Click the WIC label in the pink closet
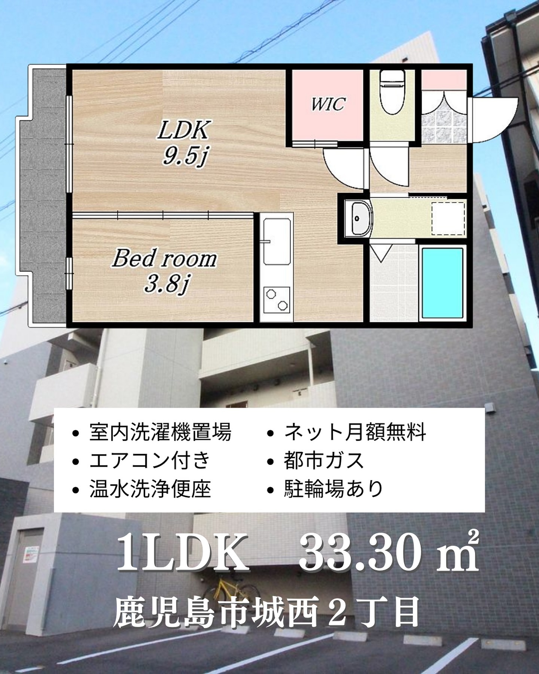(328, 104)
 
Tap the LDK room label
(185, 130)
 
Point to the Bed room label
(165, 259)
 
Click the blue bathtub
(443, 283)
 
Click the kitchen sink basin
(277, 242)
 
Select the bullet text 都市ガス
(324, 460)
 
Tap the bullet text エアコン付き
(150, 460)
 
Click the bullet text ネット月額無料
(355, 432)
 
